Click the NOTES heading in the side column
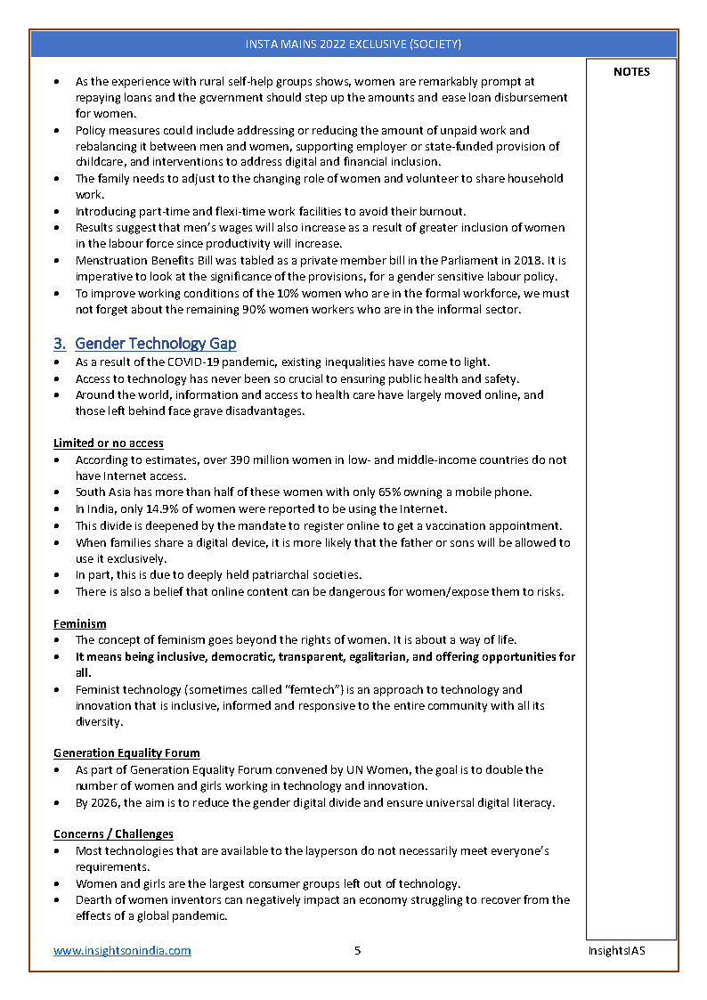click(x=631, y=72)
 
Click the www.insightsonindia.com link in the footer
click(x=122, y=950)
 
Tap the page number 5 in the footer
click(x=357, y=950)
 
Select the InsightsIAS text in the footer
click(x=616, y=950)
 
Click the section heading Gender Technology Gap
click(x=156, y=343)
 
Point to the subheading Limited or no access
click(x=108, y=443)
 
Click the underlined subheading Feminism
click(x=79, y=624)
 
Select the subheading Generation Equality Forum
click(x=126, y=752)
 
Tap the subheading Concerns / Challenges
click(x=113, y=834)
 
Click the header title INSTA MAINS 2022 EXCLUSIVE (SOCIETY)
click(x=353, y=44)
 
